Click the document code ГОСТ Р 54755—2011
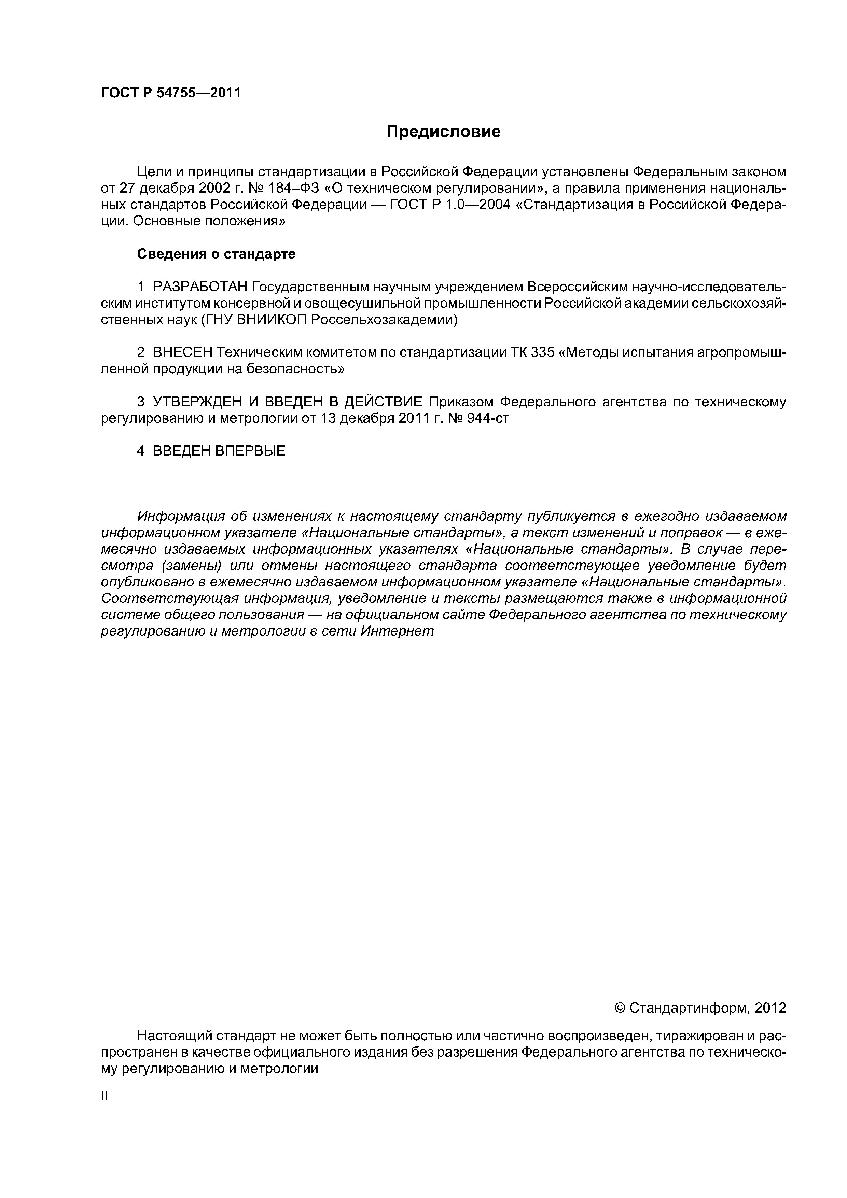pos(171,93)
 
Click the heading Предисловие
pos(443,131)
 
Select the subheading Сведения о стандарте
pos(216,254)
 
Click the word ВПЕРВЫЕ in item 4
pos(250,451)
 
